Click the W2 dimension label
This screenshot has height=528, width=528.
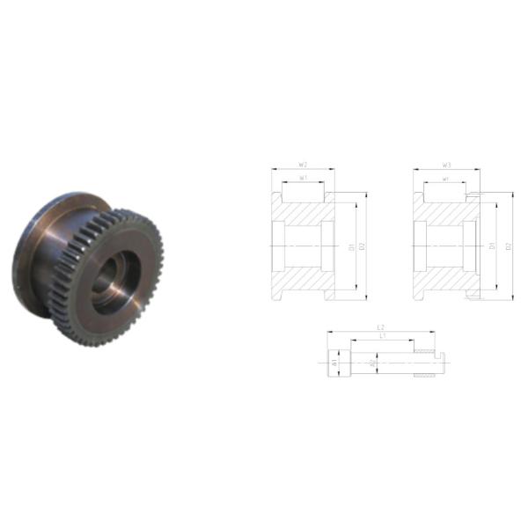[x=303, y=164]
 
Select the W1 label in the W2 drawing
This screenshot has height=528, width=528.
[x=303, y=179]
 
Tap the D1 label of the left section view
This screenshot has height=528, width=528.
[x=351, y=246]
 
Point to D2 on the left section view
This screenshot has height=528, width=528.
[x=362, y=246]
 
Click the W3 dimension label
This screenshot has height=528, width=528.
[x=447, y=164]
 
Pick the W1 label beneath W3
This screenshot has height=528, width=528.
[x=446, y=179]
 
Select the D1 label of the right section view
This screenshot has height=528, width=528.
[x=494, y=246]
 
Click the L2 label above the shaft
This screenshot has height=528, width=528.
[x=380, y=326]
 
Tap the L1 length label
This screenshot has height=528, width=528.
[x=380, y=336]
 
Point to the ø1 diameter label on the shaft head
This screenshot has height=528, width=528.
[x=335, y=362]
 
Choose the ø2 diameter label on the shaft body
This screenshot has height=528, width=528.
[x=372, y=362]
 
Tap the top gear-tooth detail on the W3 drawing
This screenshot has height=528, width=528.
[x=475, y=194]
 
